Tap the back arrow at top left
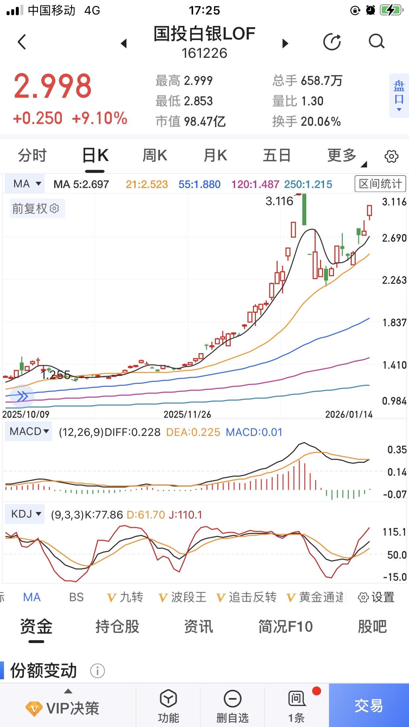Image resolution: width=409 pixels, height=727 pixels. [22, 42]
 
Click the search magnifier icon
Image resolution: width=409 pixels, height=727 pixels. [376, 42]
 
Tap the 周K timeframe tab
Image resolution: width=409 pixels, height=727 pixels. [155, 155]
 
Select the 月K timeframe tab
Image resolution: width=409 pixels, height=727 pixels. [215, 155]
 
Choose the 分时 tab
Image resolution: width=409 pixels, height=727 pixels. [32, 155]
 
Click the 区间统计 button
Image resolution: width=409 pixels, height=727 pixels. [380, 184]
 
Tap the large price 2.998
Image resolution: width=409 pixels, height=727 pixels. [53, 86]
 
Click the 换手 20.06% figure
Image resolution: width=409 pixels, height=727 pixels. [306, 122]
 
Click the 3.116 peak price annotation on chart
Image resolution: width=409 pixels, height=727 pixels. [279, 201]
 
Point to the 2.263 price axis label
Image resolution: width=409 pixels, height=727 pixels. [394, 280]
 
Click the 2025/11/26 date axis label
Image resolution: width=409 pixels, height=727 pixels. [187, 414]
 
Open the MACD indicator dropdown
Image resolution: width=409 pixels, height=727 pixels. [29, 431]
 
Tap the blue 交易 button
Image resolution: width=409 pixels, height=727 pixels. [369, 705]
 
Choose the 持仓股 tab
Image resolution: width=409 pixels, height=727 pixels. [117, 627]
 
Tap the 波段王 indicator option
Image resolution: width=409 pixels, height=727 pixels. [183, 597]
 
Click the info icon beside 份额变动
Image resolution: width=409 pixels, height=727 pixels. [97, 671]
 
